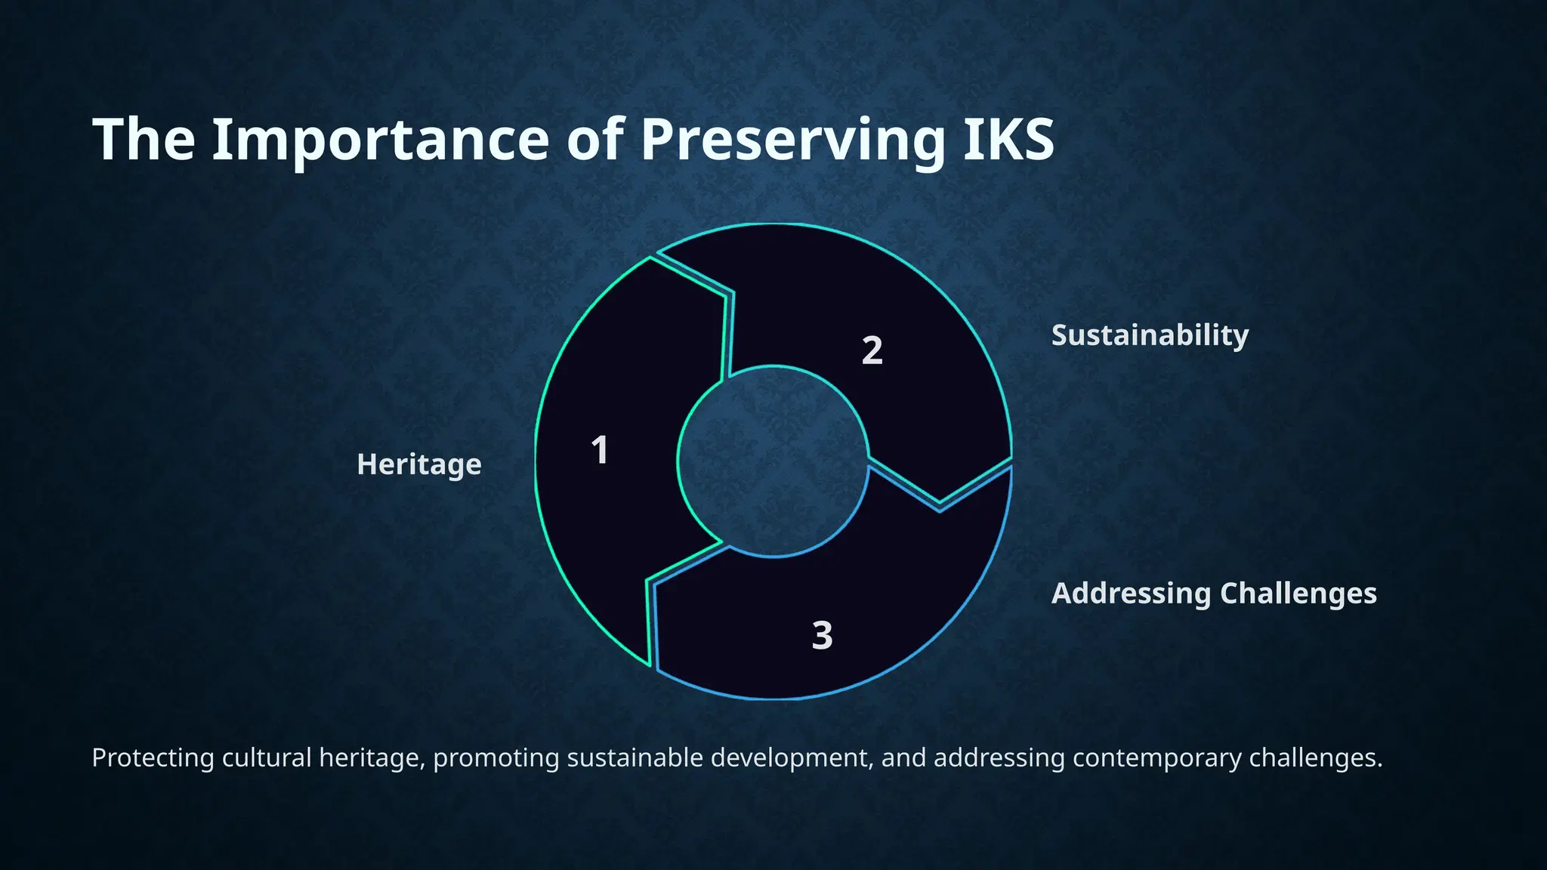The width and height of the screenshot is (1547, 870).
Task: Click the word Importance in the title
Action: (381, 140)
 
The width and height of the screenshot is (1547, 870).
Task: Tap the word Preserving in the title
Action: (793, 140)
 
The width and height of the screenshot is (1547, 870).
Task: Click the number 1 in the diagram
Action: (600, 451)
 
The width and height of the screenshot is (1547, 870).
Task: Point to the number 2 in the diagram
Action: (872, 350)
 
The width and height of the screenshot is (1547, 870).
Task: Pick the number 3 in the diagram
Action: (822, 635)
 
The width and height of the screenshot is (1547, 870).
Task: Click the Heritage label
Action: (419, 464)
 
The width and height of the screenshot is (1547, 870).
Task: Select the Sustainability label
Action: (1150, 335)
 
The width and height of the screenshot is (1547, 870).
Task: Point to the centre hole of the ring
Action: (773, 461)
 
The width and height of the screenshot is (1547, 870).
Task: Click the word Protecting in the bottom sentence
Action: (153, 757)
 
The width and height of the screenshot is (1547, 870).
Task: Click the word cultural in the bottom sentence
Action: (266, 757)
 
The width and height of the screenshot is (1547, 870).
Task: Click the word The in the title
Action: (144, 140)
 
